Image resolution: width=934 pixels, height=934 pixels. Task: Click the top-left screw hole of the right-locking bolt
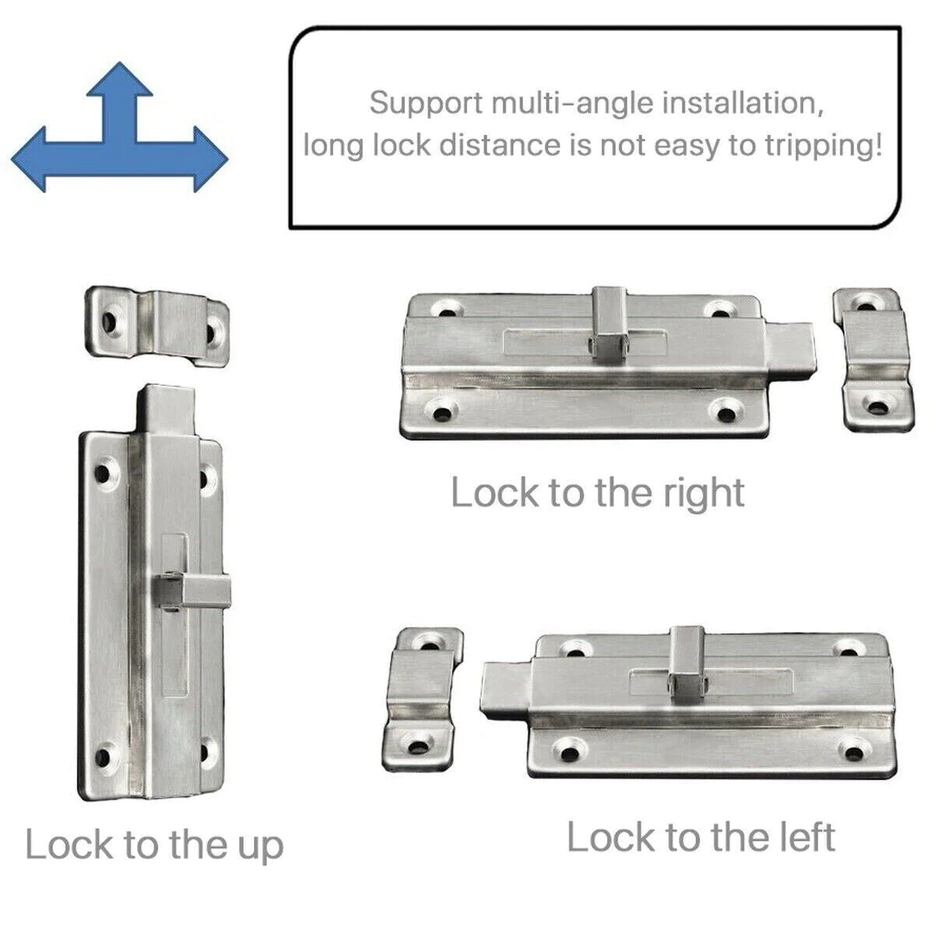click(x=446, y=309)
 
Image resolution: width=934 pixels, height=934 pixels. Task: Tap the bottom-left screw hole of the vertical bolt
click(x=104, y=753)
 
